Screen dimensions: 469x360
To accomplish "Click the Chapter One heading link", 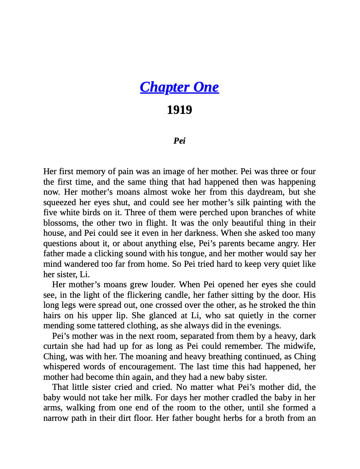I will [x=179, y=87].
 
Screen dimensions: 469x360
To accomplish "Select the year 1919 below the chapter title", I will [x=179, y=110].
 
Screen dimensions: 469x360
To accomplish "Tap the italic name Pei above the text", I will [x=179, y=141].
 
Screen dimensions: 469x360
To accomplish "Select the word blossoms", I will [x=60, y=223].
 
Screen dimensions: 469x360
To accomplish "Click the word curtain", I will [x=57, y=346].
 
